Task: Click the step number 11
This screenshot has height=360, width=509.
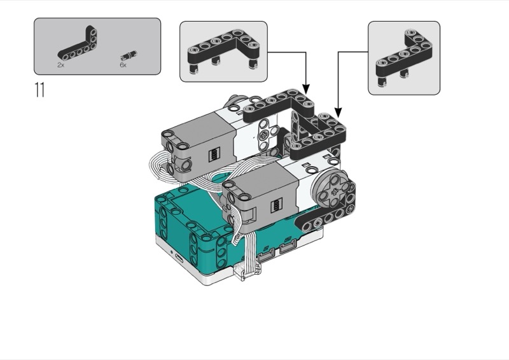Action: pyautogui.click(x=39, y=90)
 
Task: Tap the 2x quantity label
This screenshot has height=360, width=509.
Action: pyautogui.click(x=60, y=65)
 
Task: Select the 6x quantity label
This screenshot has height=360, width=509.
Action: pyautogui.click(x=123, y=65)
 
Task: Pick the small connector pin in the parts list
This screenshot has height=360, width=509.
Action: pyautogui.click(x=129, y=55)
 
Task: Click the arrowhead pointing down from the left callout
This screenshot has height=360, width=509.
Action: pyautogui.click(x=306, y=88)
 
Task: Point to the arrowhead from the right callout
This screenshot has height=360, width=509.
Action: pyautogui.click(x=338, y=113)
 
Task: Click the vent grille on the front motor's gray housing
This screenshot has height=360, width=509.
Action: pyautogui.click(x=276, y=205)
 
